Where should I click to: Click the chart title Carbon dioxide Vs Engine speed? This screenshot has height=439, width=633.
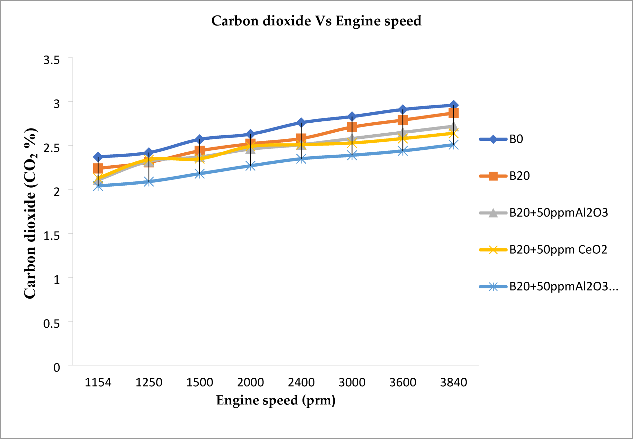(316, 21)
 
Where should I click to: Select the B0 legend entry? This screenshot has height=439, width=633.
(516, 139)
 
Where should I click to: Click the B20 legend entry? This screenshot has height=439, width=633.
(519, 176)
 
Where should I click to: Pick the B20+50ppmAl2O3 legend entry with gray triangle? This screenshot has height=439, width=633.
(558, 213)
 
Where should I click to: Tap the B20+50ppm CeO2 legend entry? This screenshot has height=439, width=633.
(558, 250)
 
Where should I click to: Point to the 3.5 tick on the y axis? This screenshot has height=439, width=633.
(52, 60)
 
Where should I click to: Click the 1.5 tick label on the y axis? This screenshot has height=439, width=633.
(52, 236)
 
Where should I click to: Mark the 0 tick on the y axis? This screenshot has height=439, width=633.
(56, 368)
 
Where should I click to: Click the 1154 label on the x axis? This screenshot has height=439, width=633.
(98, 383)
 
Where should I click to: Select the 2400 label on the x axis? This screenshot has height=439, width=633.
(301, 383)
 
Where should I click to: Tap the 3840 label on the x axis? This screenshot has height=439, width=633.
(453, 383)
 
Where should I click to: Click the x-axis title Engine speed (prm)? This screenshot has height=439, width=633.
(276, 400)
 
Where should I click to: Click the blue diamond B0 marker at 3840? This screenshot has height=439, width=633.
(453, 105)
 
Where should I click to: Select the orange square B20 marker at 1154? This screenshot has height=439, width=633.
(98, 168)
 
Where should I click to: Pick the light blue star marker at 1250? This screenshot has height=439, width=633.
(149, 182)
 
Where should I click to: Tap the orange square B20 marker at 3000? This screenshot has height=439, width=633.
(352, 127)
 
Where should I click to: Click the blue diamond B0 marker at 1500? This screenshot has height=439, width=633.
(200, 139)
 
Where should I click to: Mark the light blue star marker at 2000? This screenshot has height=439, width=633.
(250, 166)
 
